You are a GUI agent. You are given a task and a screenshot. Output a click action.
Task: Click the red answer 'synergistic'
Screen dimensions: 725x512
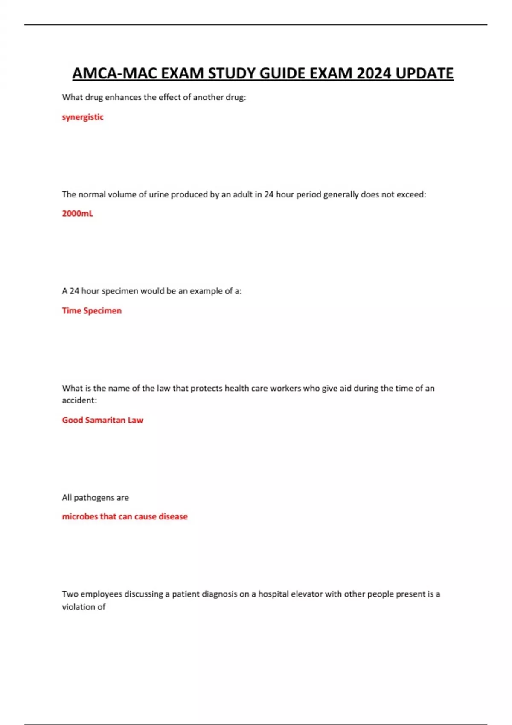coord(83,117)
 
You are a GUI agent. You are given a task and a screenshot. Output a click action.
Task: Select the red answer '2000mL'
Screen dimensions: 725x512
coord(77,213)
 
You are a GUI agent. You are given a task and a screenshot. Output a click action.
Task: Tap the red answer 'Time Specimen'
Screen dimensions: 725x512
coord(92,310)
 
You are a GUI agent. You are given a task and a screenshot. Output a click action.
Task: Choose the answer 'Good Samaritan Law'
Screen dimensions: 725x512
coord(102,420)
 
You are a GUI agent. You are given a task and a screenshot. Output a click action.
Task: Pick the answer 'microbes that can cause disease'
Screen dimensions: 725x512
coord(125,516)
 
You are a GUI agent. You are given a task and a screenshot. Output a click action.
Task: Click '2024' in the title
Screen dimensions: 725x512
coord(374,73)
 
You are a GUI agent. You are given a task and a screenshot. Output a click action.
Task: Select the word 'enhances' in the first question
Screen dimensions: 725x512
coord(123,97)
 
